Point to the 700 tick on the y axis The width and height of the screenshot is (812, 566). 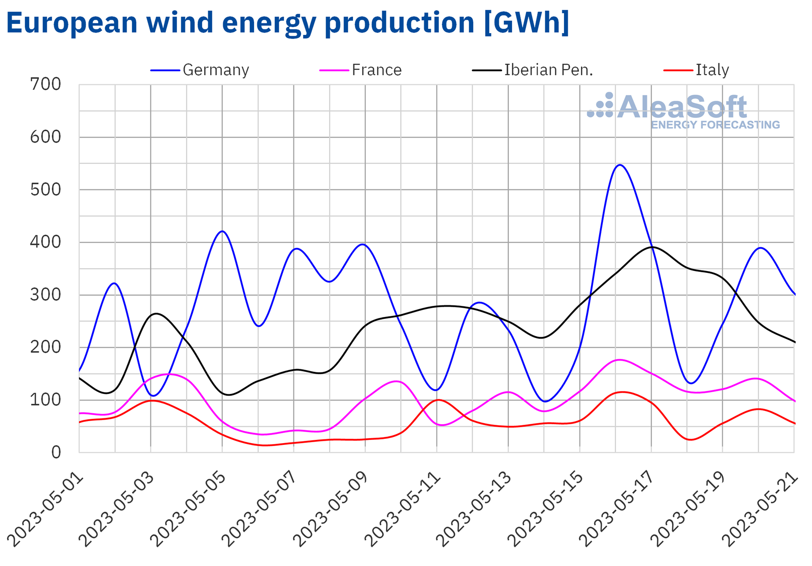(x=45, y=84)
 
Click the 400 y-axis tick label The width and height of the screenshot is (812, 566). (x=45, y=242)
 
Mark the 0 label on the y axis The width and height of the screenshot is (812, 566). (x=55, y=453)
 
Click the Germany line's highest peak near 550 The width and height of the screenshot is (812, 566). (x=619, y=165)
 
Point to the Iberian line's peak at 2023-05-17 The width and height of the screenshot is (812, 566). (x=652, y=247)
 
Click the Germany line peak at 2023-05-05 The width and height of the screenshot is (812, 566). (x=222, y=231)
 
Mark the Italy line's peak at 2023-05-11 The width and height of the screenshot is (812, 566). (x=438, y=400)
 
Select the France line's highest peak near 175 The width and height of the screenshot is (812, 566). (x=619, y=360)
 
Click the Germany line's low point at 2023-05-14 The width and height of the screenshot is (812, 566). (x=544, y=401)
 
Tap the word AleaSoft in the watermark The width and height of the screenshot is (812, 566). (x=682, y=107)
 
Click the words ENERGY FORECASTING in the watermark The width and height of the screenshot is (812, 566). (x=715, y=125)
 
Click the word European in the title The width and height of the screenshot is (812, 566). (x=72, y=22)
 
